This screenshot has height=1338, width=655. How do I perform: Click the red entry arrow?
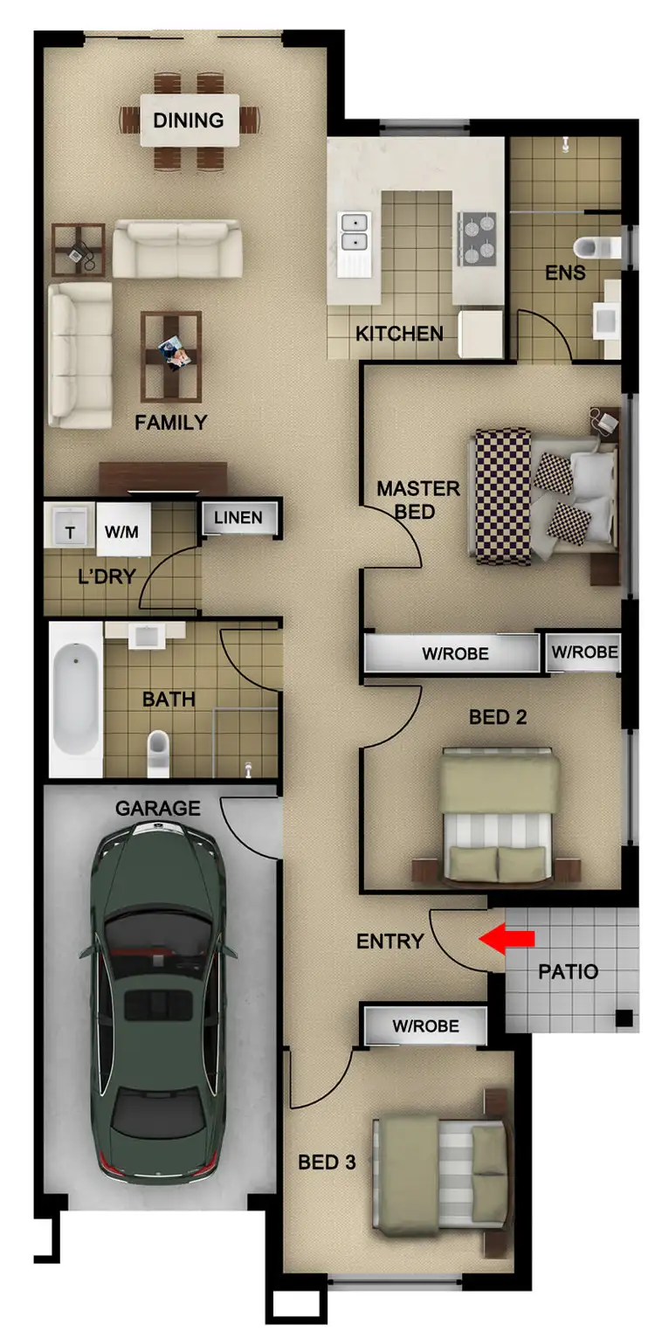tap(507, 938)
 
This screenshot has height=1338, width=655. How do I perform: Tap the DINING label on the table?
tap(189, 121)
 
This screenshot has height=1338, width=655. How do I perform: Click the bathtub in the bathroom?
tap(75, 699)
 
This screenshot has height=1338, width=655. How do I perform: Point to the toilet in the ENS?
tap(602, 247)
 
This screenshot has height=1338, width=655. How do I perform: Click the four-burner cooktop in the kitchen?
tap(476, 238)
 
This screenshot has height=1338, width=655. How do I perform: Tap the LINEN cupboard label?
tap(238, 518)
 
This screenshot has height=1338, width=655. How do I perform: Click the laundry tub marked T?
tap(71, 530)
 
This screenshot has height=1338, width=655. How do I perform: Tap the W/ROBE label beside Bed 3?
tap(425, 1025)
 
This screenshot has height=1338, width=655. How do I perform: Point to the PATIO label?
tap(568, 971)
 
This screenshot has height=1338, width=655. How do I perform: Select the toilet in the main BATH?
tap(158, 752)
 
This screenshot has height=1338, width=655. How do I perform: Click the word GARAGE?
tap(158, 809)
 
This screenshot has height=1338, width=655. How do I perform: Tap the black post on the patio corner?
tap(624, 1017)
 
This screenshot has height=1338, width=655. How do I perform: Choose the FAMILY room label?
tap(171, 423)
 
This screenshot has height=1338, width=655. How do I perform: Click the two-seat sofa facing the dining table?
tap(177, 248)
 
